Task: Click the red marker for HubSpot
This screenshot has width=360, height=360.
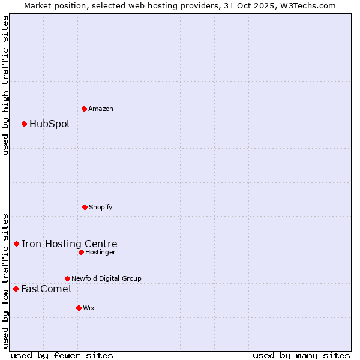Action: [x=25, y=124]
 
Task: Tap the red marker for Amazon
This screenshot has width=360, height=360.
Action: [x=85, y=109]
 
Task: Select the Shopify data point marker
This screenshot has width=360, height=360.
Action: [x=85, y=207]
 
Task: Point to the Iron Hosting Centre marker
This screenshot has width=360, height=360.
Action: [x=17, y=244]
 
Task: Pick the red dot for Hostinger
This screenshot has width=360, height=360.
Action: [x=81, y=252]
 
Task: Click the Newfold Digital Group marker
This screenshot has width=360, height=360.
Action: [x=67, y=278]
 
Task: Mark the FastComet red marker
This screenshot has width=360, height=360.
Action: [x=16, y=289]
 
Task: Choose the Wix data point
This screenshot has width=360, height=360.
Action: [x=79, y=308]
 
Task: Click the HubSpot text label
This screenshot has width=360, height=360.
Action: [x=50, y=124]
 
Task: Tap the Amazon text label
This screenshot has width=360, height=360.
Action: [x=101, y=109]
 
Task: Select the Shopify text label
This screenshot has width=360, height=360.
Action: [x=101, y=207]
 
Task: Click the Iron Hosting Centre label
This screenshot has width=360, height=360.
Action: [x=70, y=244]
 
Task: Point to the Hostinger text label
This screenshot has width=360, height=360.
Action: [x=100, y=252]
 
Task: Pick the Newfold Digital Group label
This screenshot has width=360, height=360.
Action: [x=106, y=278]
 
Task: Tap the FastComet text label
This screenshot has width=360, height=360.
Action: [x=47, y=289]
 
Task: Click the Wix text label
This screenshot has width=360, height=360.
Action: [x=89, y=308]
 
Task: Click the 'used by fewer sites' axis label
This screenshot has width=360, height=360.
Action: [x=62, y=355]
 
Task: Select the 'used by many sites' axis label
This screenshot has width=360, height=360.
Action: [x=301, y=355]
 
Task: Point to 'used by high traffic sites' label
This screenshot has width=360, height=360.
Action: [x=5, y=85]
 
